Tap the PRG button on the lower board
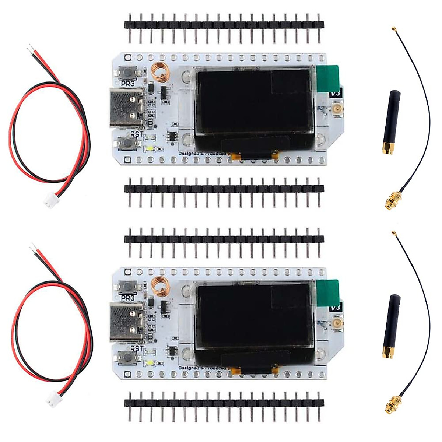(127, 286)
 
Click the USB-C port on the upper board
(126, 108)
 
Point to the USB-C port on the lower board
(126, 322)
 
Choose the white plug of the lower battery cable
(50, 397)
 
